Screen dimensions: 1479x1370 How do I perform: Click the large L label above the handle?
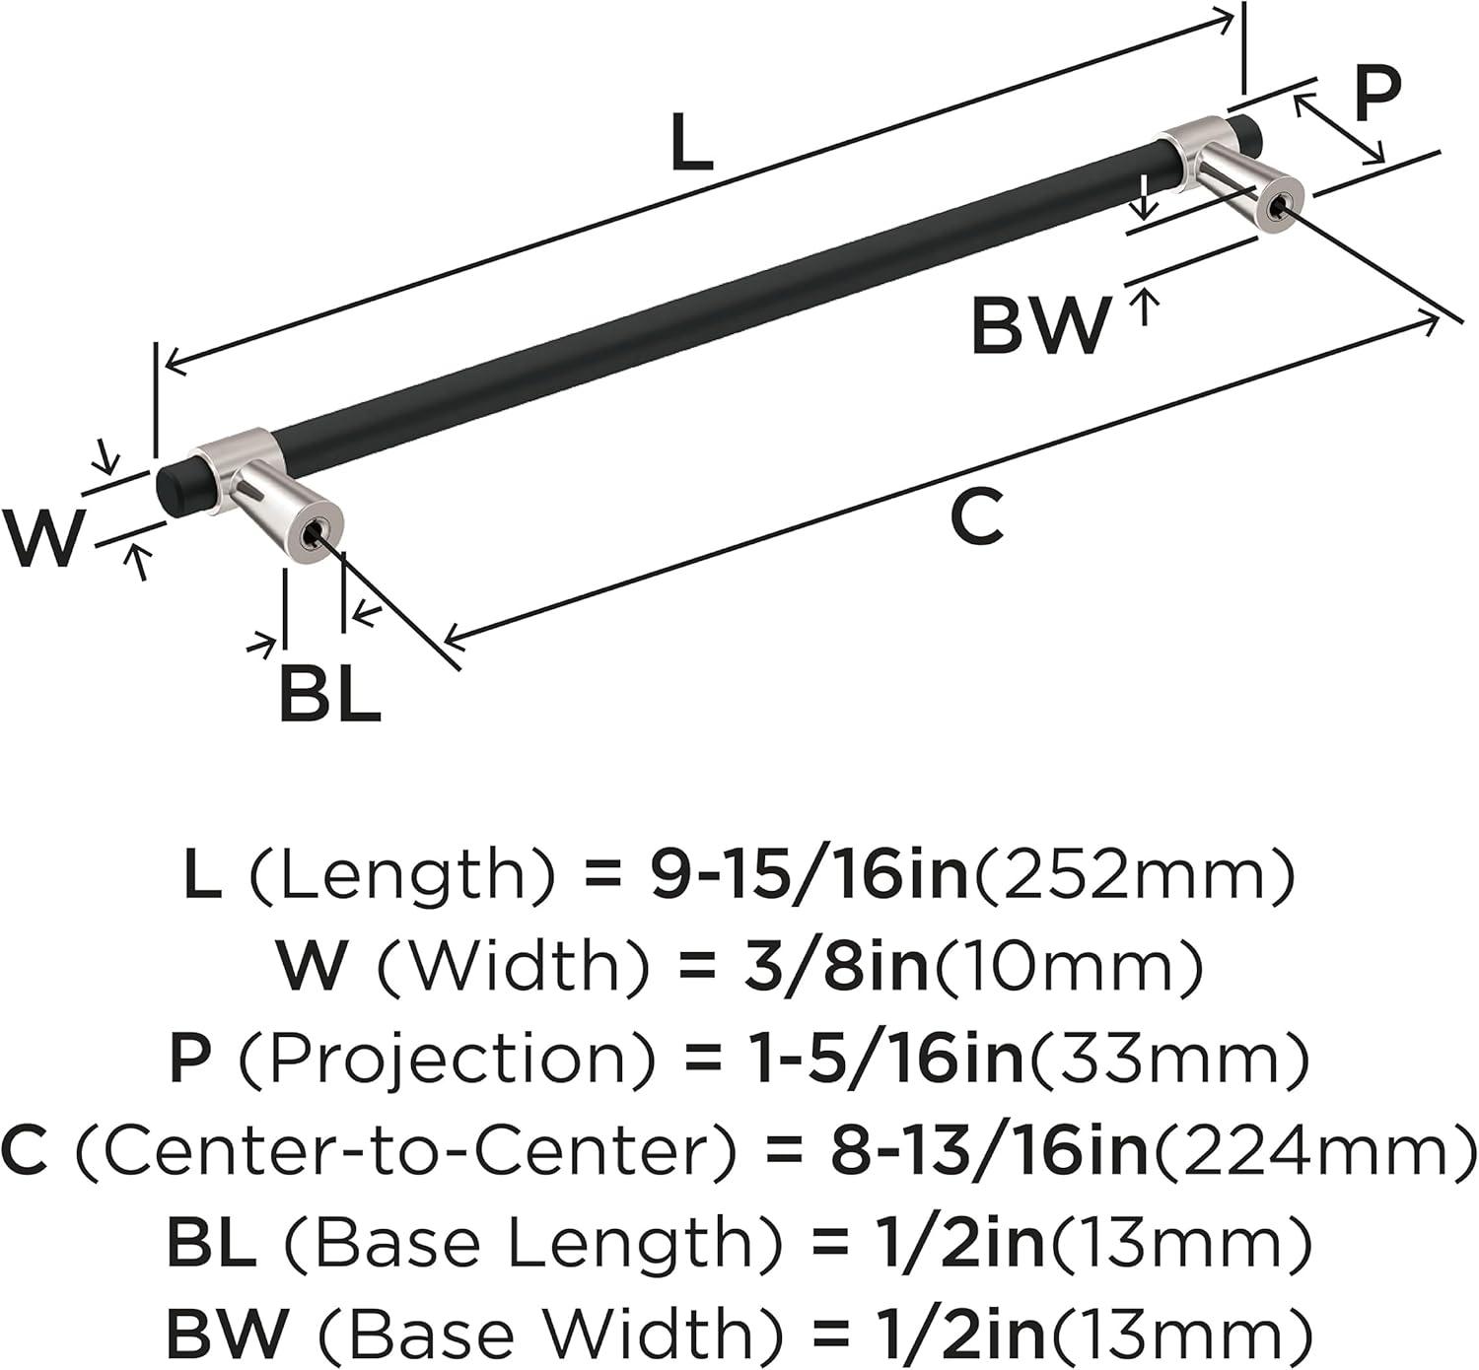point(692,141)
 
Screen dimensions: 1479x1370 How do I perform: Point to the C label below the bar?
point(978,514)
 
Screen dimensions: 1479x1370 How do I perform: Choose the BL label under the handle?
point(330,694)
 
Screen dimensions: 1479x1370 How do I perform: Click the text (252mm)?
point(1135,877)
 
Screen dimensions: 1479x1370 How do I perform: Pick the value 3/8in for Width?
point(835,967)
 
